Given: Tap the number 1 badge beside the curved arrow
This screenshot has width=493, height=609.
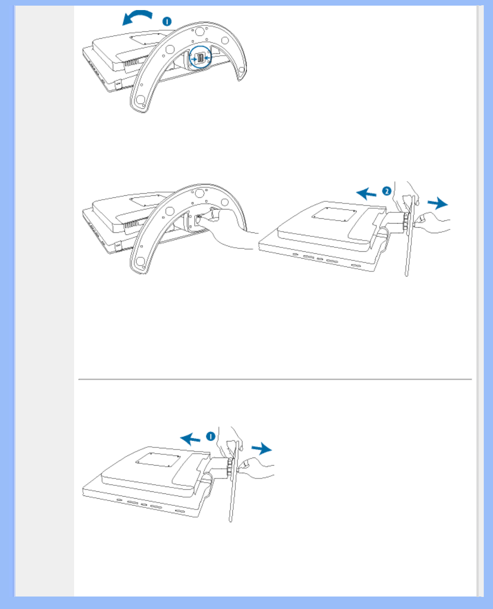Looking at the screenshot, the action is point(167,21).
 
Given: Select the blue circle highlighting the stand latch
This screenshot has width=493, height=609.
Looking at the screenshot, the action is point(200,57).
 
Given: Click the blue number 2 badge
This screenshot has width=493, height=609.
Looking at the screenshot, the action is point(387,191).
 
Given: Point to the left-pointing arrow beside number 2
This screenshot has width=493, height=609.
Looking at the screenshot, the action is point(366,194).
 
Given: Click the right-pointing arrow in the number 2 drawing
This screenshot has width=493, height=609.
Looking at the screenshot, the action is point(437,203).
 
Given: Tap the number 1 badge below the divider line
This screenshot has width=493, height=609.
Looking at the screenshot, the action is point(211,436).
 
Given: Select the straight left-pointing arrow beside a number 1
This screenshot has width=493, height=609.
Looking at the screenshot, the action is point(190,439).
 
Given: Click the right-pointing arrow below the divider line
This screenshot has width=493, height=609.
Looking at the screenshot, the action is point(261,449).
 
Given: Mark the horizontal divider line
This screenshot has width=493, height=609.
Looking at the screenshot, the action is point(275,379).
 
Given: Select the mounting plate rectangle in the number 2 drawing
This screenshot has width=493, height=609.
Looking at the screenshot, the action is point(334,214).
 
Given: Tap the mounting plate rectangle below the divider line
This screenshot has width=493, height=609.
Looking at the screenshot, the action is point(158,460).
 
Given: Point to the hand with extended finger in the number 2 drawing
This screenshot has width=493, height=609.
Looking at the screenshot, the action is point(432,223).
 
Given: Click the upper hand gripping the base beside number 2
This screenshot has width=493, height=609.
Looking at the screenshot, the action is point(406,197).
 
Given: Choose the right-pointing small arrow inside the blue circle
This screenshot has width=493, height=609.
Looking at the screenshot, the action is point(195,59).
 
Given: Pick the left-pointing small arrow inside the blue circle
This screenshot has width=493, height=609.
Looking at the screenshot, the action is point(207,58).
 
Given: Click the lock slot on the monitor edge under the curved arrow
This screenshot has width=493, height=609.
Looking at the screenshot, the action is point(118,84).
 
